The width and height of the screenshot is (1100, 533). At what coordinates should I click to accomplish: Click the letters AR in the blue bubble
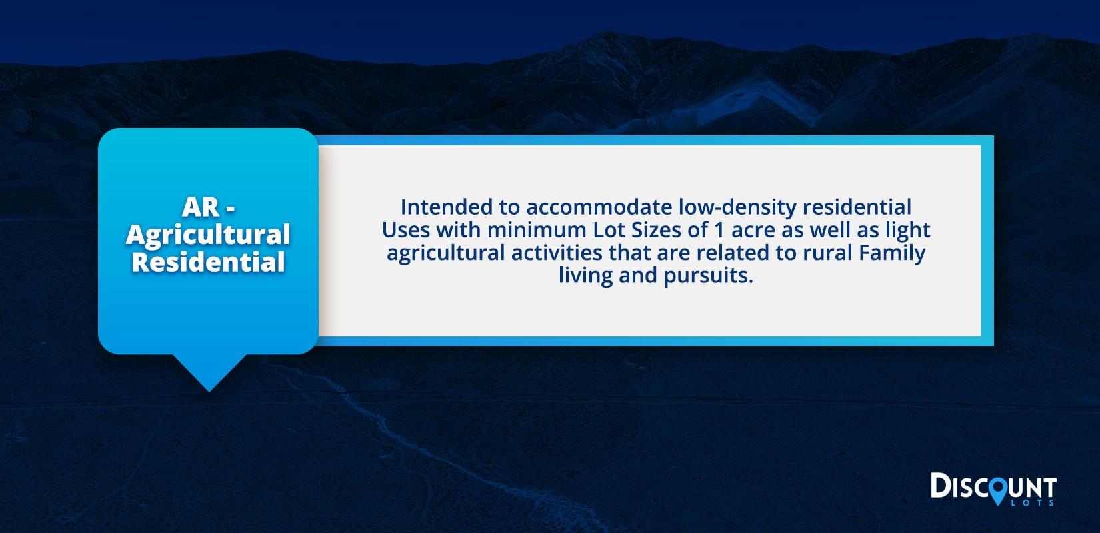point(201,207)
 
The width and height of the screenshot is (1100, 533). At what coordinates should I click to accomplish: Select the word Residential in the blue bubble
point(208,262)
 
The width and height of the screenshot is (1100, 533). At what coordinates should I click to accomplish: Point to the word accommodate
point(599,208)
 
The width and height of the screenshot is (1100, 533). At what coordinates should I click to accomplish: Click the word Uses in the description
point(406,230)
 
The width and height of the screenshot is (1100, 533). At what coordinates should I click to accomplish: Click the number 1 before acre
point(719,230)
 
